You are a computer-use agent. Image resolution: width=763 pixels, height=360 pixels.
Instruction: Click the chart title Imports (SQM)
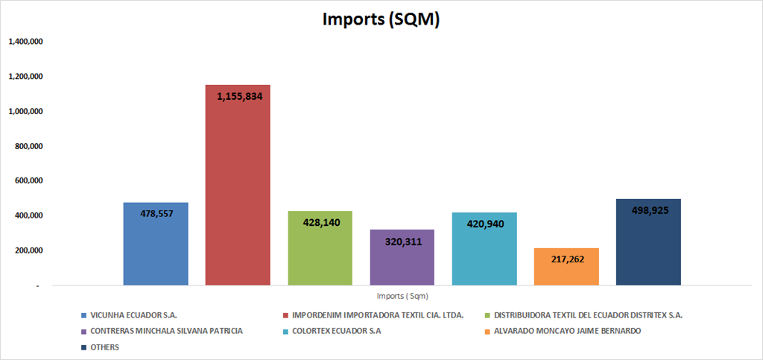381,20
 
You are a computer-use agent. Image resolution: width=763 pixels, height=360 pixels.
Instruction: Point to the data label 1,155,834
238,96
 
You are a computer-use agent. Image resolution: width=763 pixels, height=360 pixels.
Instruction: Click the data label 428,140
320,222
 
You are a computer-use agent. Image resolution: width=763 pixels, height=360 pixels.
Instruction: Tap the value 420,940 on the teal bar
484,223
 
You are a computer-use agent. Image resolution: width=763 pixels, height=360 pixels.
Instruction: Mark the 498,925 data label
648,210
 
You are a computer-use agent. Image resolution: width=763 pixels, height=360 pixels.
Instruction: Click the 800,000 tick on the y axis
28,146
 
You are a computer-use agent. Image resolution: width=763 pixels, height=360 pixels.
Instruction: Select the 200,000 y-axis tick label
28,250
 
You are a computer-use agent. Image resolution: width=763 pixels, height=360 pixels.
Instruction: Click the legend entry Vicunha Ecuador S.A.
133,315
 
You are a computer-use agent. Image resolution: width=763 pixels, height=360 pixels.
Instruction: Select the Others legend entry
104,347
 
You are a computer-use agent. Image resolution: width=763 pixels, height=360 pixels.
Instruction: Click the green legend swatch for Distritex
488,315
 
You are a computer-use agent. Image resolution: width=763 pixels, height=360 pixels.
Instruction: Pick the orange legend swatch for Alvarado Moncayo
488,331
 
